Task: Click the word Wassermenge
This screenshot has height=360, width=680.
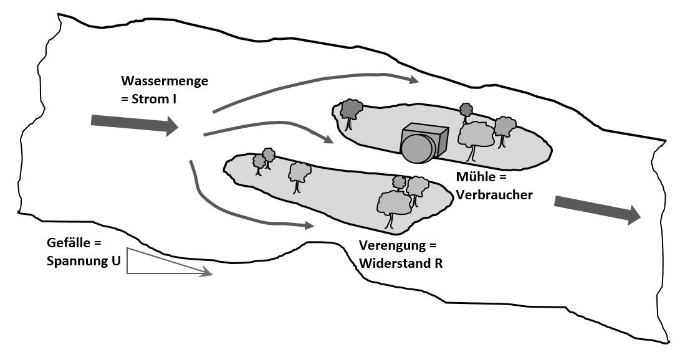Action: [x=165, y=82]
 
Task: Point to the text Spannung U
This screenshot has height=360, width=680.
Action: [x=84, y=261]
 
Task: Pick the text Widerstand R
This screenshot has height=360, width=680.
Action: [x=401, y=263]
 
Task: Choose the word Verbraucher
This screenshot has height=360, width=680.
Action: [x=494, y=194]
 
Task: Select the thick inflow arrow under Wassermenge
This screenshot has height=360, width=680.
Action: [x=135, y=124]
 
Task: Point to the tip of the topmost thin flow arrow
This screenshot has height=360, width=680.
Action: [x=416, y=80]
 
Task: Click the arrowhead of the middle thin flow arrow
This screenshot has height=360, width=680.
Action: [x=329, y=140]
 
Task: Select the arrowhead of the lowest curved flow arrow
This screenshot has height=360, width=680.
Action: [x=310, y=226]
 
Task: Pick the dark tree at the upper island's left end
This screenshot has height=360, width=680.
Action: [x=352, y=111]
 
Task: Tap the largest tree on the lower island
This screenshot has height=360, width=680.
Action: [x=394, y=204]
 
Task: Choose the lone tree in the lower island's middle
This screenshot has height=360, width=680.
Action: [x=300, y=173]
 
